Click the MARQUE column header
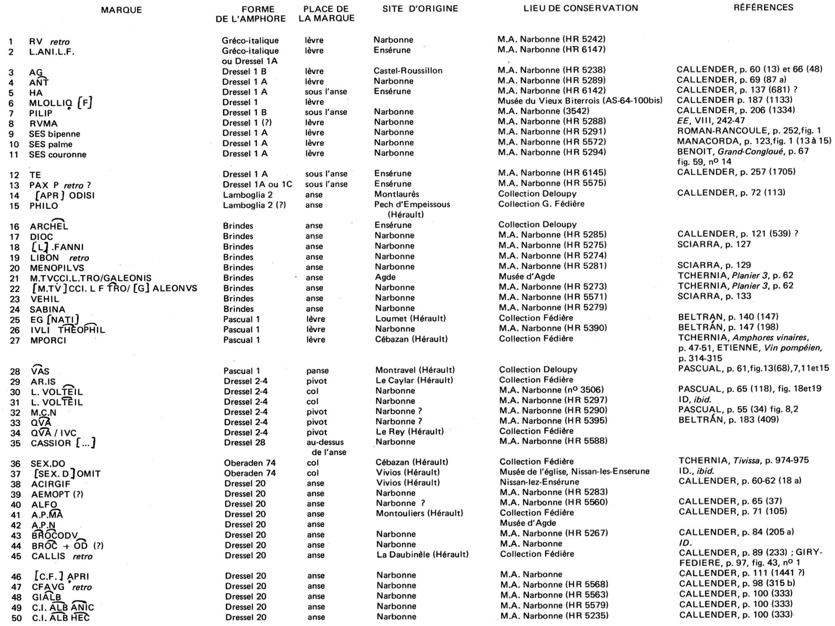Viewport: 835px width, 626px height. tap(121, 10)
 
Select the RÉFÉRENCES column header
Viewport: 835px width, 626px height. tap(763, 8)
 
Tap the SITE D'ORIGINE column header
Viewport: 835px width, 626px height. tap(420, 8)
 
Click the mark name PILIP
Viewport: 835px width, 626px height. tap(41, 113)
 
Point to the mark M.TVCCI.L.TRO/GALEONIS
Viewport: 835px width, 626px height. tap(91, 278)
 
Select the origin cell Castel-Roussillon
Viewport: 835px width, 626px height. tap(408, 71)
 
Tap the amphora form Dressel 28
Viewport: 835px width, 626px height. tap(245, 442)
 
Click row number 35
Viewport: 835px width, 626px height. tap(16, 443)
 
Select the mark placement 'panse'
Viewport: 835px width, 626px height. tap(318, 371)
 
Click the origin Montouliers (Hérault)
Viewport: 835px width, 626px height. tap(419, 513)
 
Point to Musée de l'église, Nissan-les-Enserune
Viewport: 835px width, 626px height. tap(574, 472)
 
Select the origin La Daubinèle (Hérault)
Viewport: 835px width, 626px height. tap(422, 555)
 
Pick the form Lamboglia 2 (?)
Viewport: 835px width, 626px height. tap(254, 205)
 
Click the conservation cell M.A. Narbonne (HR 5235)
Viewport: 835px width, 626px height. tap(554, 616)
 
